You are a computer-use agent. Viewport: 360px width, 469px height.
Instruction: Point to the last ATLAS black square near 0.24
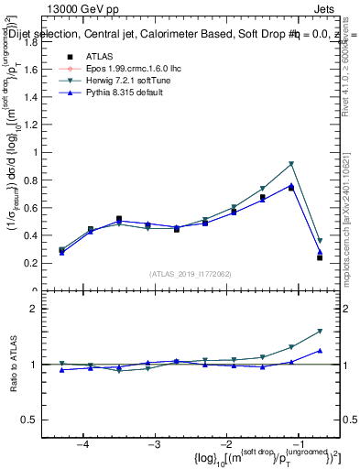[320, 257]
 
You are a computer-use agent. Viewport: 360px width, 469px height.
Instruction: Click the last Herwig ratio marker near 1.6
[320, 331]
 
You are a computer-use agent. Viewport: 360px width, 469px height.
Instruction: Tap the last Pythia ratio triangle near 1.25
[320, 350]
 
